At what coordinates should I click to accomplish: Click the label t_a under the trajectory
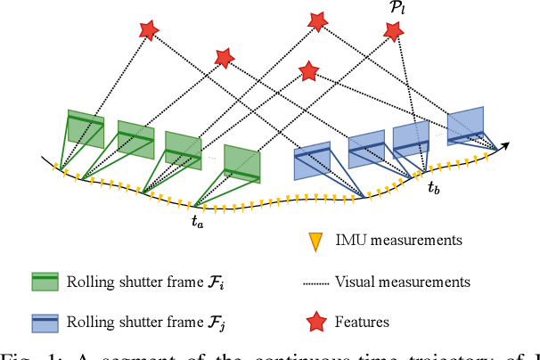pyautogui.click(x=197, y=223)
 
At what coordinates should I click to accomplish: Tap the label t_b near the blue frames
pyautogui.click(x=433, y=187)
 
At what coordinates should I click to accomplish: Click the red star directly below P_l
pyautogui.click(x=393, y=32)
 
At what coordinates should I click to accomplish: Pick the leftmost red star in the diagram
pyautogui.click(x=148, y=30)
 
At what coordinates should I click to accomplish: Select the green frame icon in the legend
pyautogui.click(x=45, y=282)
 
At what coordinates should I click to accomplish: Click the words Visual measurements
pyautogui.click(x=404, y=282)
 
